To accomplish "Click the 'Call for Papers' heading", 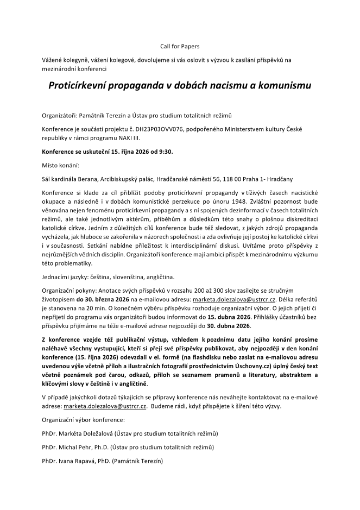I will pos(179,46).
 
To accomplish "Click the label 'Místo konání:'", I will pos(60,164).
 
